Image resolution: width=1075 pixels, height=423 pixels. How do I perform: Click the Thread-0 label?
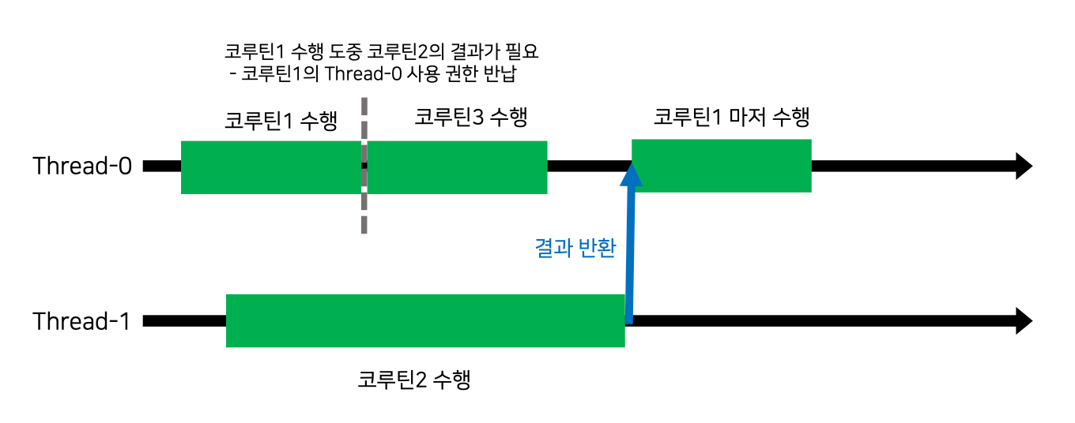81,167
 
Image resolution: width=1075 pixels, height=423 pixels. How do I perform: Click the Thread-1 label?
81,322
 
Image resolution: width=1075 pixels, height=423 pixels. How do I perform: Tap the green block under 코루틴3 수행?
457,167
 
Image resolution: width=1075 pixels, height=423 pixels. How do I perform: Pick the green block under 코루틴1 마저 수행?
722,166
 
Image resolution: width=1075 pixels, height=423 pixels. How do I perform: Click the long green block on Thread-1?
425,320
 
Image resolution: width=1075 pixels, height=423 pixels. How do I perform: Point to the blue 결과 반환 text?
575,248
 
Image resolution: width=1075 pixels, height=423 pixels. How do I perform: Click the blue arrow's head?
630,174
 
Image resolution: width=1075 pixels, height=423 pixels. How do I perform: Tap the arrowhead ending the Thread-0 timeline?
1023,167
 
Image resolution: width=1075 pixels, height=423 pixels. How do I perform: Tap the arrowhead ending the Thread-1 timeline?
1023,321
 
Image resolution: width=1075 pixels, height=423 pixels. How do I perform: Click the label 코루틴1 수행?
281,121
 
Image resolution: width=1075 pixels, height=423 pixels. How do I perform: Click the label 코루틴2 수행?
414,380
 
